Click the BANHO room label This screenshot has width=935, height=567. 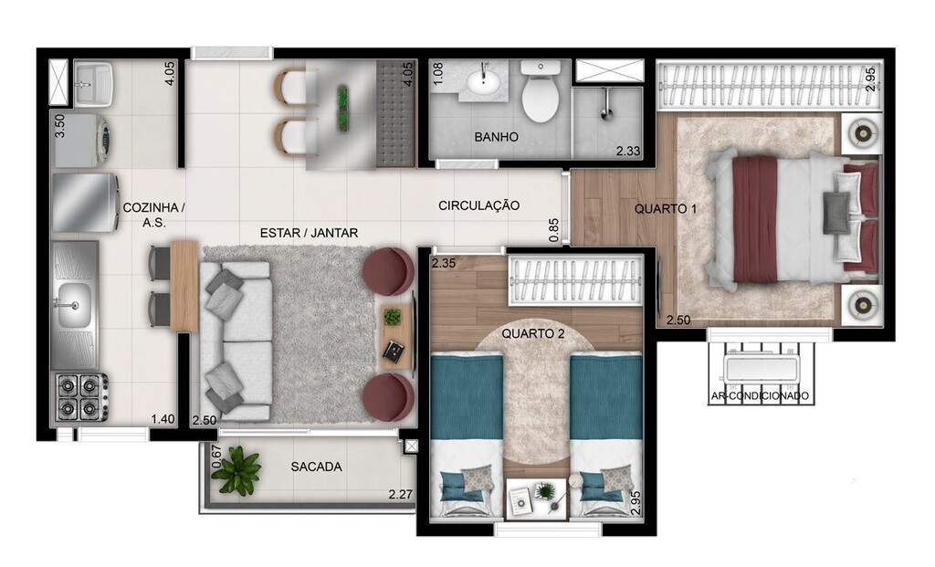click(x=496, y=137)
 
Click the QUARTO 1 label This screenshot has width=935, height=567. click(x=666, y=209)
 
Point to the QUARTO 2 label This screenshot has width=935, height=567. click(x=532, y=334)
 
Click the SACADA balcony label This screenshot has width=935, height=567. click(x=316, y=467)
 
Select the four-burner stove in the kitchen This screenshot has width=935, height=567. click(x=79, y=396)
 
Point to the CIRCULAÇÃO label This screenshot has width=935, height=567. click(x=478, y=205)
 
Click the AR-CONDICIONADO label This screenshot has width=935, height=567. click(x=760, y=396)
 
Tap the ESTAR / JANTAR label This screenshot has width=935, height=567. click(x=309, y=233)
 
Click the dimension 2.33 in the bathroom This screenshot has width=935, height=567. click(x=629, y=151)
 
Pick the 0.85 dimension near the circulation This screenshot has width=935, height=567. click(x=554, y=229)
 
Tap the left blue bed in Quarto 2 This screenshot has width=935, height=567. click(x=466, y=420)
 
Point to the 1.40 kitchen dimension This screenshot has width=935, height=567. click(x=163, y=418)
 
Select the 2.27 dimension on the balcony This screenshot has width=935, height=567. click(x=401, y=495)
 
